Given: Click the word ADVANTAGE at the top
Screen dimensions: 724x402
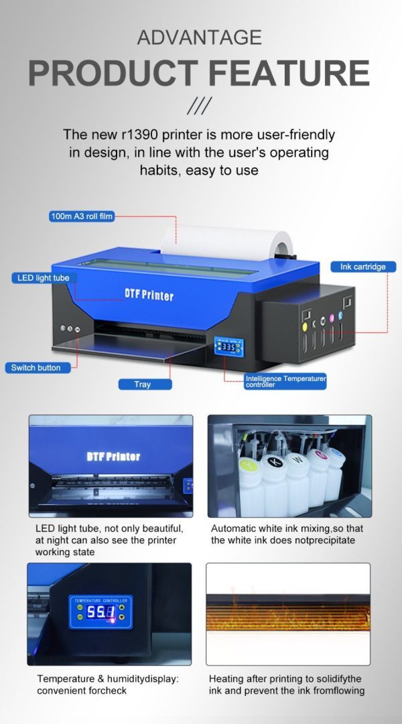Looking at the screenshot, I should [200, 37].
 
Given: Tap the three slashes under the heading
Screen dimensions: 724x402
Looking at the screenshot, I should [199, 105].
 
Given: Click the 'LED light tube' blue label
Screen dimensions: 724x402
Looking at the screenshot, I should [44, 277].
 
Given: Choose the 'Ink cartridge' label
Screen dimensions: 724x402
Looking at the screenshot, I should [363, 267].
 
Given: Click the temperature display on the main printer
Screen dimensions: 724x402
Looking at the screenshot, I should [228, 348].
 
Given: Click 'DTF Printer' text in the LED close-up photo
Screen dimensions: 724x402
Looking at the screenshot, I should [113, 456].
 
